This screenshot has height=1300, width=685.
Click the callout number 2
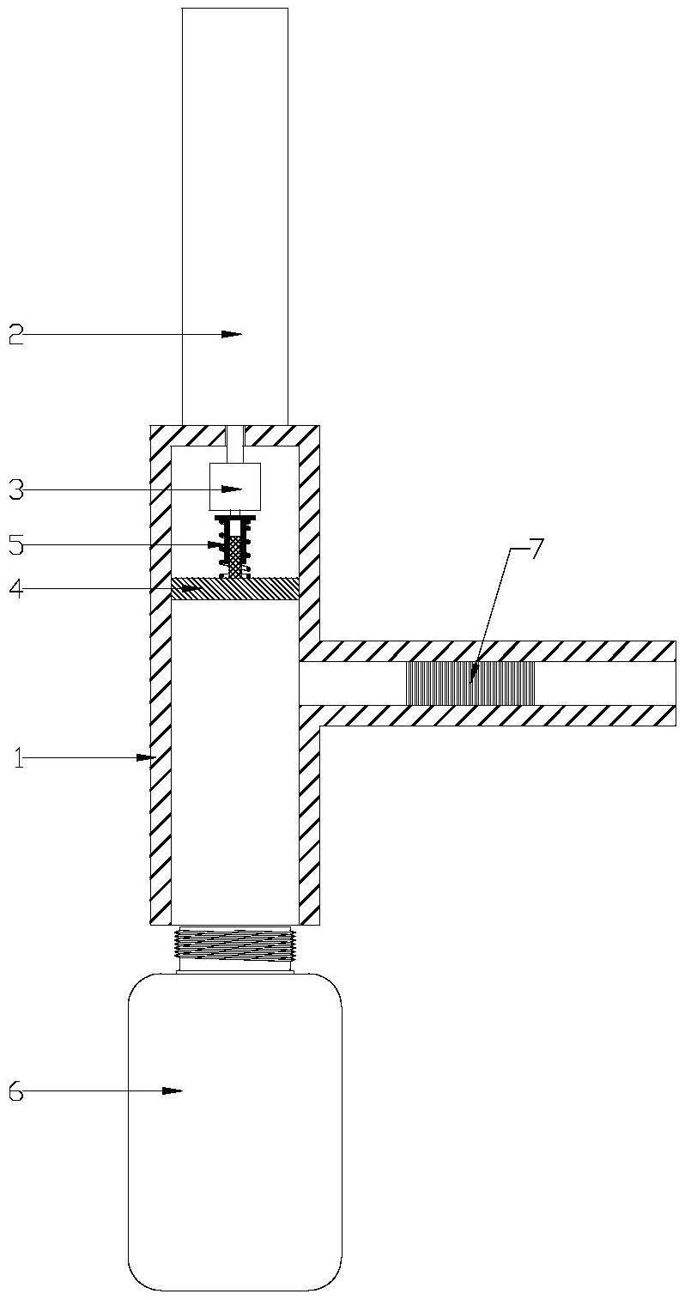(15, 334)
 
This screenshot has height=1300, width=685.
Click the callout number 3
(15, 489)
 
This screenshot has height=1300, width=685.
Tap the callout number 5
(15, 544)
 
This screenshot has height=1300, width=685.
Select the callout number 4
(15, 588)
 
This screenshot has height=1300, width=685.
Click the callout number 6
(15, 1091)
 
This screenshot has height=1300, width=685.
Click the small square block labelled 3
(234, 489)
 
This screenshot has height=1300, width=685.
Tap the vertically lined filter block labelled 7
(470, 683)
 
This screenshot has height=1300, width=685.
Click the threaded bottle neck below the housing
(234, 945)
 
